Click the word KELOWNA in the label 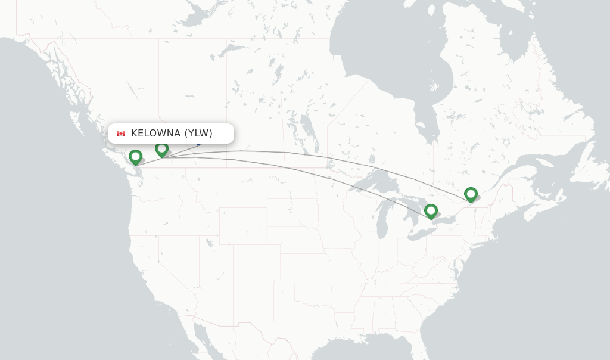pos(156,133)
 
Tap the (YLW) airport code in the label pos(198,133)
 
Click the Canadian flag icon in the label pos(121,133)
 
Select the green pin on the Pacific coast pos(135,157)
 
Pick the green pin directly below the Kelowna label pos(161,149)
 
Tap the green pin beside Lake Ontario pos(431,211)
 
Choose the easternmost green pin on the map pos(471,194)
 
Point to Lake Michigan pos(382,221)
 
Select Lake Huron pos(413,206)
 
